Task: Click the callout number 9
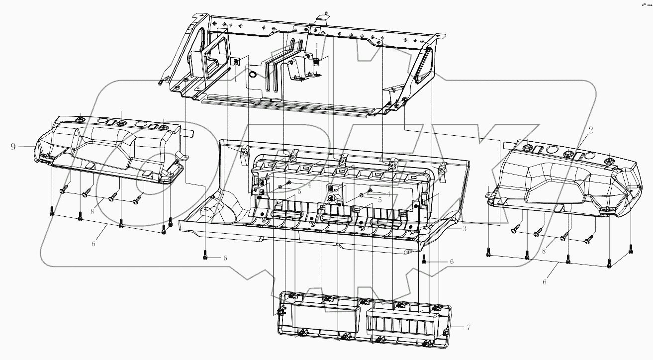pyautogui.click(x=13, y=146)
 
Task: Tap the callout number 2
pyautogui.click(x=590, y=130)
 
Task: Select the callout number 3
pyautogui.click(x=464, y=229)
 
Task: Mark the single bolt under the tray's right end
pyautogui.click(x=424, y=260)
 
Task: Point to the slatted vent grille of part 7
pyautogui.click(x=401, y=324)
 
